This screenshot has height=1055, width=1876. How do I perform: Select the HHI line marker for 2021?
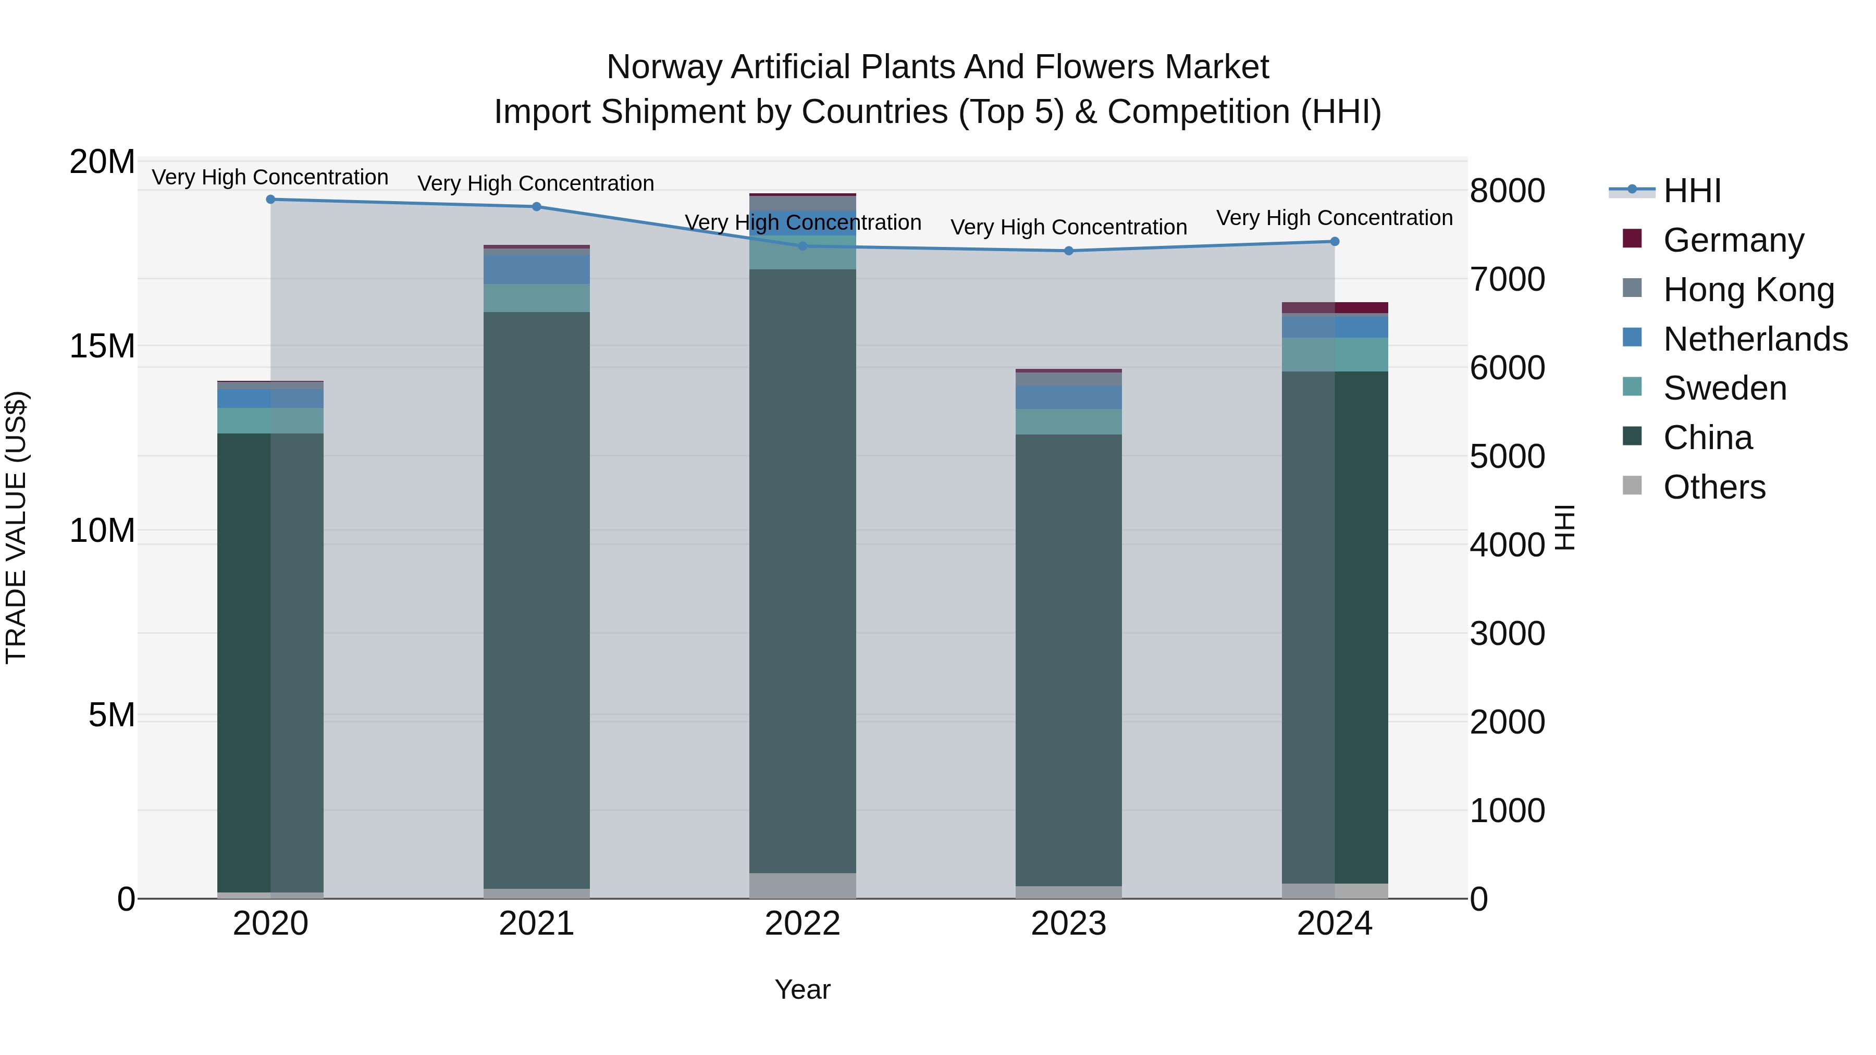pyautogui.click(x=537, y=207)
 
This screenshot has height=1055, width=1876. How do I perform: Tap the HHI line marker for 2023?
pyautogui.click(x=1068, y=251)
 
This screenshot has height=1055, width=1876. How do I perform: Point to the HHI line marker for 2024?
pyautogui.click(x=1334, y=242)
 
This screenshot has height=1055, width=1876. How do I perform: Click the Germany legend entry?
pyautogui.click(x=1733, y=240)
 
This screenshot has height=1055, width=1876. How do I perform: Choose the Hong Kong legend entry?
pyautogui.click(x=1748, y=290)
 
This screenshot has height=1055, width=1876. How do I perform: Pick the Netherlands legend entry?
pyautogui.click(x=1755, y=339)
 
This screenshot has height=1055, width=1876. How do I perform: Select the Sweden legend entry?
pyautogui.click(x=1724, y=388)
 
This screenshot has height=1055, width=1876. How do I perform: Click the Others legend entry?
pyautogui.click(x=1714, y=487)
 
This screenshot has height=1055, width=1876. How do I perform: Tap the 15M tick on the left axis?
pyautogui.click(x=102, y=346)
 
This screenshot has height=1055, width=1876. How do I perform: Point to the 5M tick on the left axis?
pyautogui.click(x=112, y=715)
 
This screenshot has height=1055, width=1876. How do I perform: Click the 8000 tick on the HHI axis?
pyautogui.click(x=1507, y=191)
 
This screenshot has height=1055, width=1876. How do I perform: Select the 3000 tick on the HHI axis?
pyautogui.click(x=1507, y=634)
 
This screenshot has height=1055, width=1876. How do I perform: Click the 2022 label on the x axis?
pyautogui.click(x=803, y=924)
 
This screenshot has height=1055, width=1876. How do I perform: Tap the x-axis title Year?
pyautogui.click(x=803, y=989)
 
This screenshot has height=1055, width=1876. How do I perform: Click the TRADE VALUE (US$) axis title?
pyautogui.click(x=16, y=527)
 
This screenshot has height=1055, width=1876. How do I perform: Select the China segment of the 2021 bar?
pyautogui.click(x=537, y=600)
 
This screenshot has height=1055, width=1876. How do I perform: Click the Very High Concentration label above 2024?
pyautogui.click(x=1334, y=218)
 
